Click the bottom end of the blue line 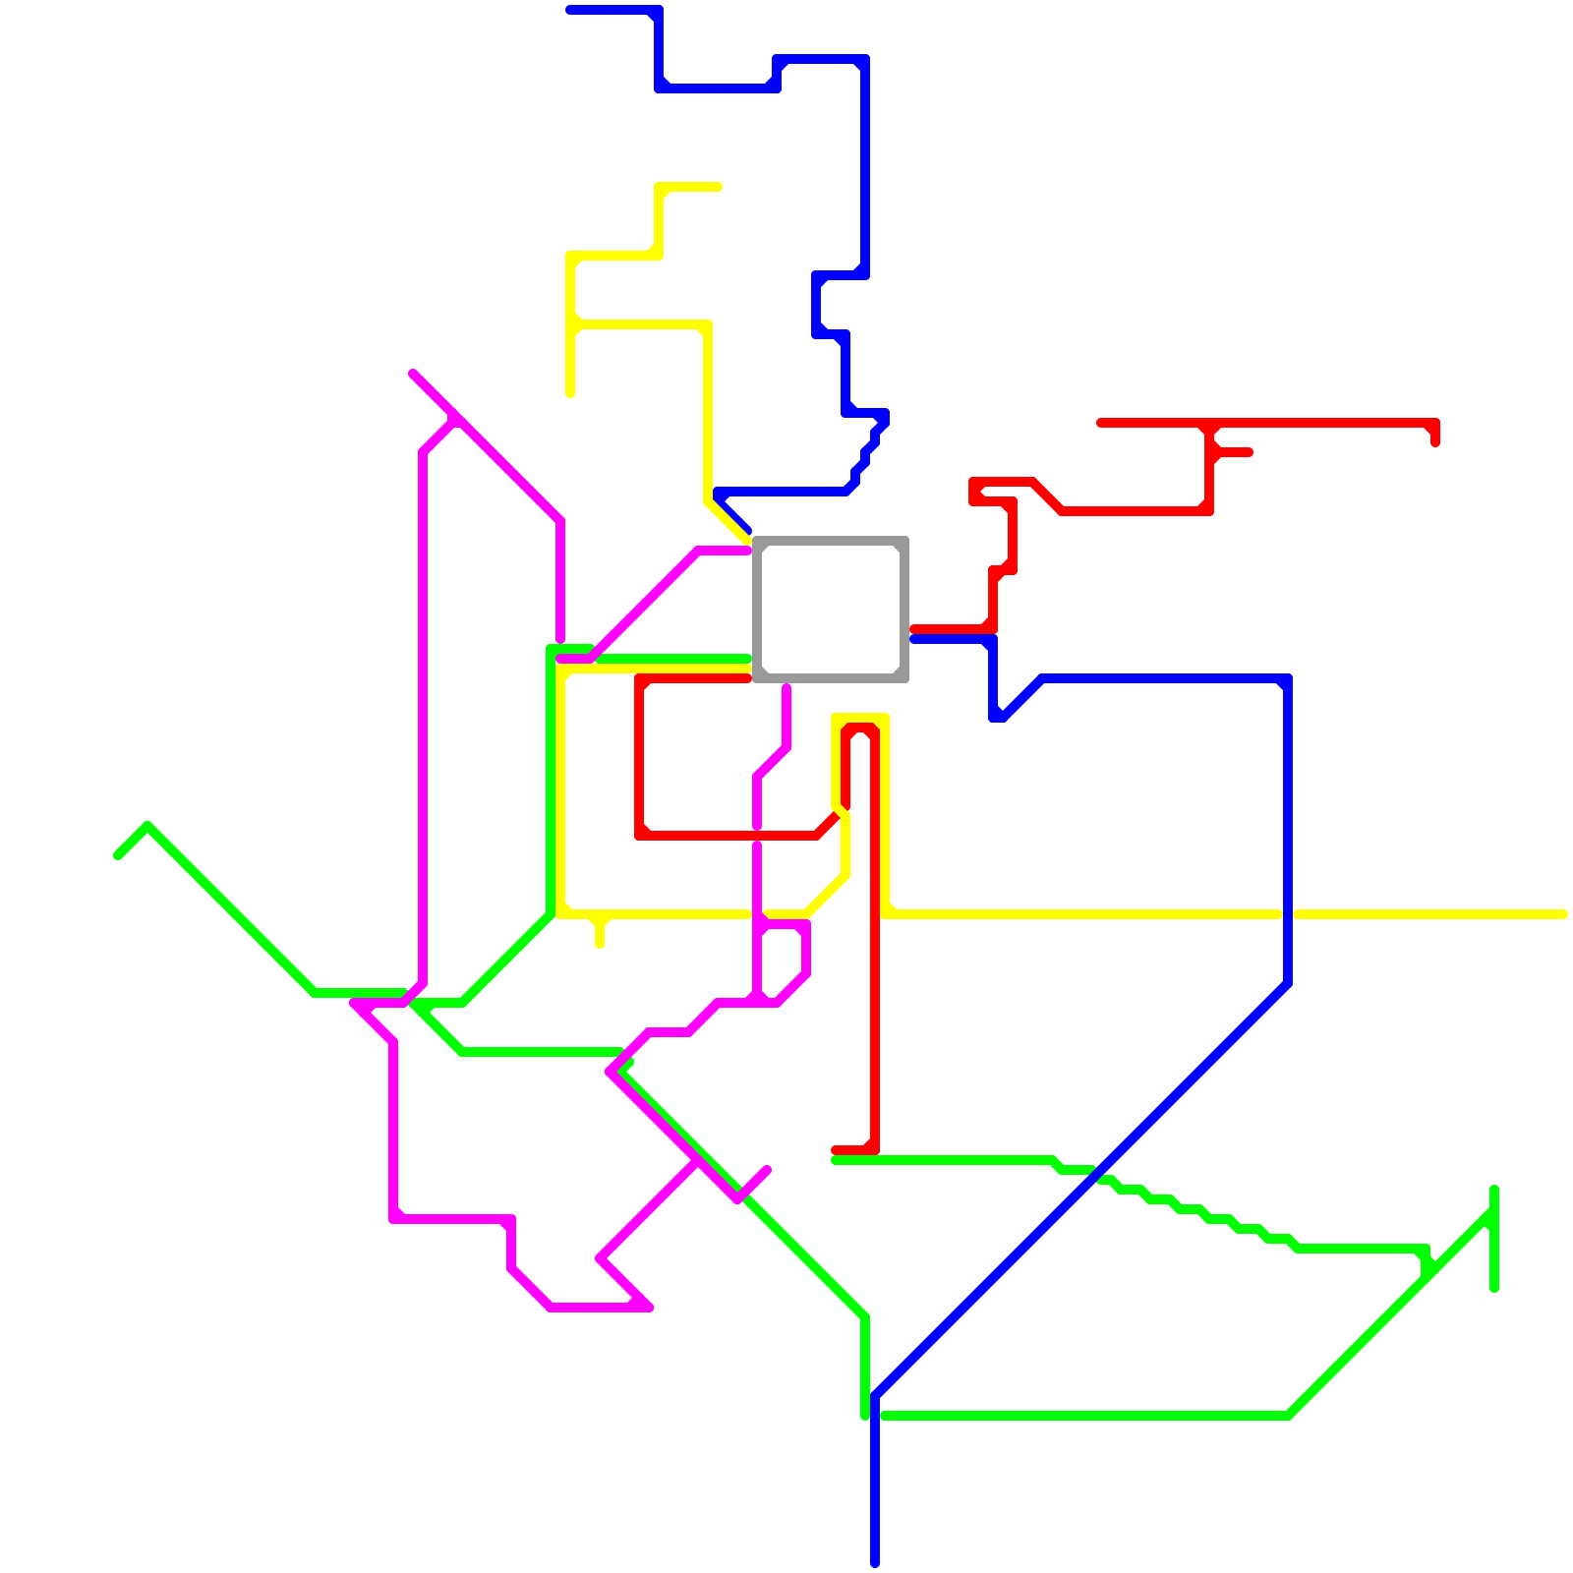point(875,1563)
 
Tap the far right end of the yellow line point(1563,915)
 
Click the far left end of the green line point(118,855)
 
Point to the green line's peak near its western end point(147,826)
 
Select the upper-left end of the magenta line point(414,374)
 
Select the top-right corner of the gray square point(903,542)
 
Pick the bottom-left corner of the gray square point(758,676)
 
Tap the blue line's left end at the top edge point(570,10)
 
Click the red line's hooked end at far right point(1435,442)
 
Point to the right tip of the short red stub point(1250,452)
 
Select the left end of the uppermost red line point(1100,423)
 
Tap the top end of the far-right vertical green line point(1494,1191)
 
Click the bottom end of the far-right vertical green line point(1494,1288)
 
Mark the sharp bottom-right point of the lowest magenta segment point(649,1308)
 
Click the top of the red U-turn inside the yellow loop point(860,728)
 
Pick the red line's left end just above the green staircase point(835,1150)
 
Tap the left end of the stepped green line point(836,1161)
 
